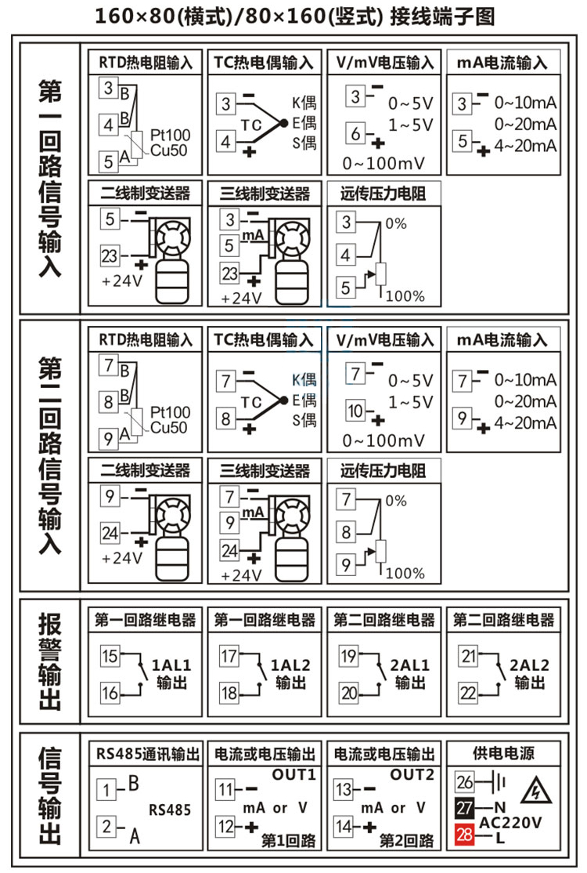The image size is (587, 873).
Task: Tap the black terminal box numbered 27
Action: click(465, 808)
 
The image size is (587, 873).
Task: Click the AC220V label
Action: click(510, 823)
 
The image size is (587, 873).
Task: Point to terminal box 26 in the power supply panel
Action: click(465, 782)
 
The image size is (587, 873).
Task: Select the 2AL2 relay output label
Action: click(530, 665)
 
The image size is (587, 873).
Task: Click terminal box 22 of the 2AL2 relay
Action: click(468, 693)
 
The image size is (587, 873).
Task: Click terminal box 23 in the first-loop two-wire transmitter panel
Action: click(110, 255)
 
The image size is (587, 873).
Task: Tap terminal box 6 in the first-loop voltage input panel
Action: click(355, 133)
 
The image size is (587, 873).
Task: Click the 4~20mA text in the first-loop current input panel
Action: click(526, 147)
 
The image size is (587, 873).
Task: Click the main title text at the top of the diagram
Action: click(294, 16)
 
